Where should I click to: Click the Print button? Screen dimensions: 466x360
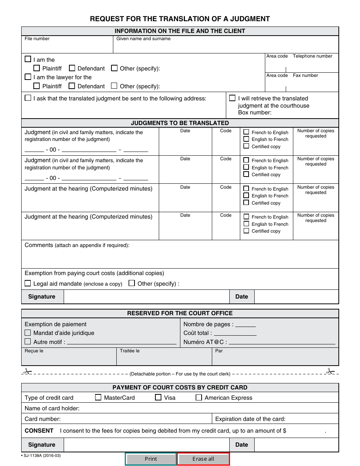click(151, 459)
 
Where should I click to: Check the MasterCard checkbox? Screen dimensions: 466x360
click(98, 397)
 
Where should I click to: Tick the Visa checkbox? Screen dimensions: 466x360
click(158, 397)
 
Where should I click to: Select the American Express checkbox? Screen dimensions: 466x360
click(199, 397)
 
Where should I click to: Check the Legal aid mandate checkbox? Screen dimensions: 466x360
click(28, 283)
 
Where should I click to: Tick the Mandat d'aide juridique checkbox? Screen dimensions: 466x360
click(28, 333)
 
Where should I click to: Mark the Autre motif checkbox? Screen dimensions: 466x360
click(28, 341)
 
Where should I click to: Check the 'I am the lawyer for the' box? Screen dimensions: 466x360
click(28, 77)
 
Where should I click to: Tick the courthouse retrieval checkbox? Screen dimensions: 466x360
click(232, 98)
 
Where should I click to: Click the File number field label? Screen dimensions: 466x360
click(37, 39)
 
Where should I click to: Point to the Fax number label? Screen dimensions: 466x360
click(305, 75)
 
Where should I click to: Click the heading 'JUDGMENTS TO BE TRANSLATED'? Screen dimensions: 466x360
click(180, 123)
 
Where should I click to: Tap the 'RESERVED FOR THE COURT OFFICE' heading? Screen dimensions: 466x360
click(180, 313)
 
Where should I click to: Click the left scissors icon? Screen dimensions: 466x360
click(27, 371)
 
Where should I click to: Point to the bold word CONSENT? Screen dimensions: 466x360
click(39, 430)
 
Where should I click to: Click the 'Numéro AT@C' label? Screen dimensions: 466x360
click(205, 342)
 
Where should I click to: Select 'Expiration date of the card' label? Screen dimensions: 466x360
click(250, 419)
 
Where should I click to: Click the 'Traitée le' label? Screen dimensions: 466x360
click(130, 351)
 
